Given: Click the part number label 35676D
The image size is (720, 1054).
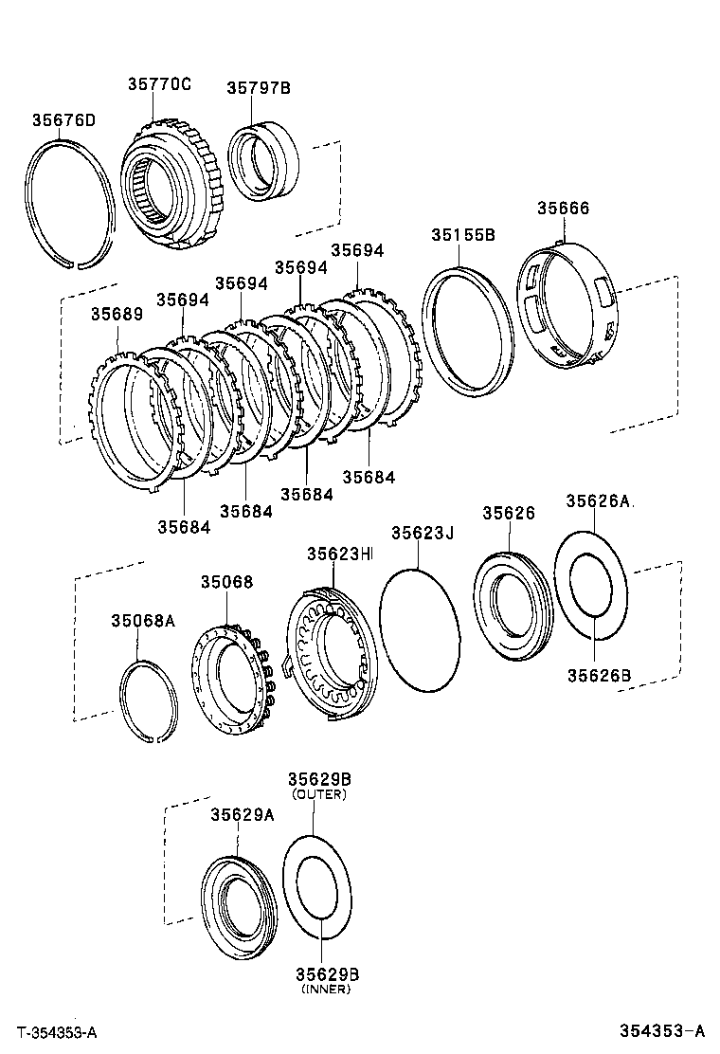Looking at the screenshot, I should click(63, 119).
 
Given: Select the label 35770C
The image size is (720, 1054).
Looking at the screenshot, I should click(159, 83).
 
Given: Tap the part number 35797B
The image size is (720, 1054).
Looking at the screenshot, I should click(258, 88).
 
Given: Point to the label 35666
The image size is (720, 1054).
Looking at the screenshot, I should click(563, 208).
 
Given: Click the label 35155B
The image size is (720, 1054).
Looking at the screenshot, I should click(462, 234).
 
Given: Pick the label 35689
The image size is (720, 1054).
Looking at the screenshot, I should click(117, 314).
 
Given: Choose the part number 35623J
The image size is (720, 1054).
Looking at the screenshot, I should click(423, 534).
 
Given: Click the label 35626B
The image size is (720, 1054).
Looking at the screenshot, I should click(599, 675).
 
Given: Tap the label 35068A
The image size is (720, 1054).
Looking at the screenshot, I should click(143, 621).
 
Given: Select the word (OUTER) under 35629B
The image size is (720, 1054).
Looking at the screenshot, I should click(319, 794).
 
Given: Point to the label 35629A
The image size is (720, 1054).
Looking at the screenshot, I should click(242, 814).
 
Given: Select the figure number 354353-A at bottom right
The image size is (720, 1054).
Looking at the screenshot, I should click(663, 1031).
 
